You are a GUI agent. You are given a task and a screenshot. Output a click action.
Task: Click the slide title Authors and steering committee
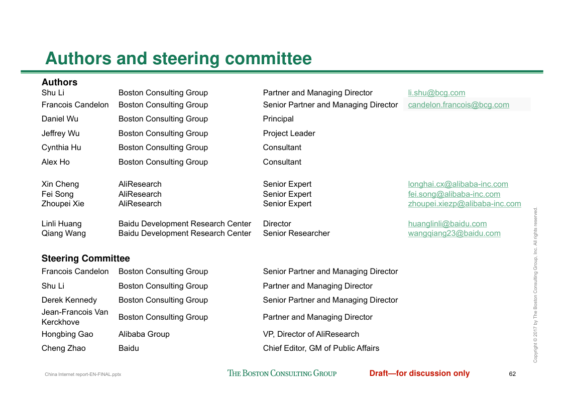tap(178, 59)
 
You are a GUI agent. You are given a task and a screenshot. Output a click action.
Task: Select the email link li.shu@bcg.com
tap(436, 93)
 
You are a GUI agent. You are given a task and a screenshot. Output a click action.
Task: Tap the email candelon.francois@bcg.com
tap(459, 105)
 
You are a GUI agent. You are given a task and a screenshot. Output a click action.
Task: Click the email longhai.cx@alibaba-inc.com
tap(458, 184)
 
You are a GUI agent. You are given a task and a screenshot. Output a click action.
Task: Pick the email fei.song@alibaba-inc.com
tap(454, 194)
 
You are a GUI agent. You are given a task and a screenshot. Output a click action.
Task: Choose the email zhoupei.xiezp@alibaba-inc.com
tap(465, 204)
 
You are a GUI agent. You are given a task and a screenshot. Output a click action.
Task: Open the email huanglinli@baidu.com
tap(447, 224)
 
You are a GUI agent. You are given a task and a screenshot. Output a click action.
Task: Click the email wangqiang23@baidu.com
tap(454, 233)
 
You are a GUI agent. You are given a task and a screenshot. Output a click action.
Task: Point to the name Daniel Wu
tap(60, 119)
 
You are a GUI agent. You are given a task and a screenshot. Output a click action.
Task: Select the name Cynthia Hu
tap(61, 148)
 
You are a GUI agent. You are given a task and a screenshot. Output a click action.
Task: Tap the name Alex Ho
tap(56, 162)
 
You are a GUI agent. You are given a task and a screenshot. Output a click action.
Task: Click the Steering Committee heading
tap(85, 258)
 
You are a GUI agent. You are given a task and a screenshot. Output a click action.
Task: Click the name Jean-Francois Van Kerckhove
tap(75, 317)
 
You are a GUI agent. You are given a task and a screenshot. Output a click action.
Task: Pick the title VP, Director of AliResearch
tap(311, 334)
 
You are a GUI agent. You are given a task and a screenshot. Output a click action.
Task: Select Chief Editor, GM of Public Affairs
tap(321, 348)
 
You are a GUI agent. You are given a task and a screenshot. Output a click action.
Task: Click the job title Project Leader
tap(289, 134)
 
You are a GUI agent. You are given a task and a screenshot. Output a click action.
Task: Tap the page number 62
tap(512, 374)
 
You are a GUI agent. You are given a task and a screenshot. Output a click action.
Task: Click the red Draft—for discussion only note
tap(419, 373)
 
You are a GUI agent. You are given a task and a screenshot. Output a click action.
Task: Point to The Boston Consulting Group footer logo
tap(282, 373)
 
